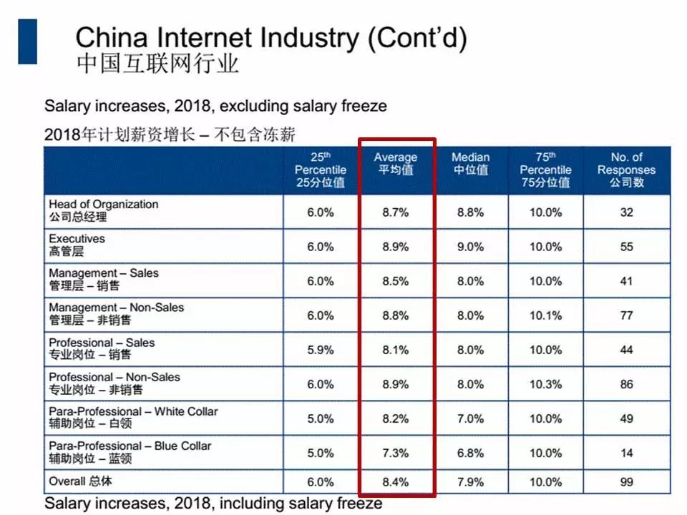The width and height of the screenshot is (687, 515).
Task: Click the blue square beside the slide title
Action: (27, 41)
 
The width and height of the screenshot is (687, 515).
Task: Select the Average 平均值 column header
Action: (396, 164)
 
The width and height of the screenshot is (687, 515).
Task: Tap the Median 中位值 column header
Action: (471, 164)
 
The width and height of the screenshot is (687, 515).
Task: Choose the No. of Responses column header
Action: (626, 170)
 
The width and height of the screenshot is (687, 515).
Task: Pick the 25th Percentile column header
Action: (320, 170)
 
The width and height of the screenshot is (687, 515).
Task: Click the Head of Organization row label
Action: (103, 210)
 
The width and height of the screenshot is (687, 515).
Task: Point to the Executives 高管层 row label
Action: (77, 245)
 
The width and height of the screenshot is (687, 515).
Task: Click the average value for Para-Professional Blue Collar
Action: (396, 453)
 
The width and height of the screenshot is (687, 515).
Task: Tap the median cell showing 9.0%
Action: (471, 247)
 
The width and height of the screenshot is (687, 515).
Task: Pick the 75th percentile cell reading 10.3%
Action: (545, 385)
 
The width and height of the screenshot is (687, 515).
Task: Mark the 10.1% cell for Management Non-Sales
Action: (545, 315)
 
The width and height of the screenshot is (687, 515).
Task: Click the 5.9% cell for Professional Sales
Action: (320, 350)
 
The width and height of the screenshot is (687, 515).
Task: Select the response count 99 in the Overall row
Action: (626, 482)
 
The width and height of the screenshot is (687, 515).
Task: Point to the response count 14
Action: (626, 453)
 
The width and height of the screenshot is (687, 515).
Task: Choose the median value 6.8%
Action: (471, 453)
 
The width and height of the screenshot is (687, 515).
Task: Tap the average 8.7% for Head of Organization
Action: (396, 212)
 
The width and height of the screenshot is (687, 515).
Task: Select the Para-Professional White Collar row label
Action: (133, 418)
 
